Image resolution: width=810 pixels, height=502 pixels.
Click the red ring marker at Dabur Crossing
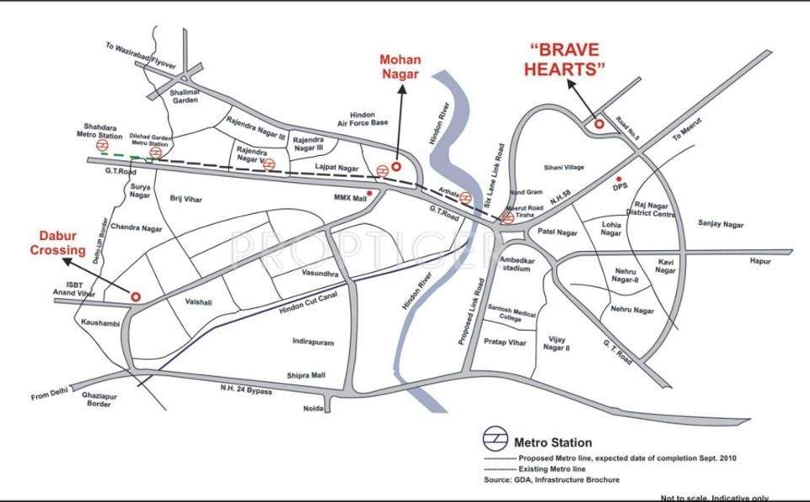click(x=135, y=296)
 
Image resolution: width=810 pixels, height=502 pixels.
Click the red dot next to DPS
click(x=620, y=179)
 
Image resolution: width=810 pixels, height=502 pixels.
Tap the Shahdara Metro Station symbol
click(x=102, y=144)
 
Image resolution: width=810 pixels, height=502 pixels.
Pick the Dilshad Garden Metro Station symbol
click(x=155, y=152)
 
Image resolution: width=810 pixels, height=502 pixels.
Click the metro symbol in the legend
click(x=495, y=441)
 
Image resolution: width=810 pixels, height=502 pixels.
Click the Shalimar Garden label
click(x=185, y=96)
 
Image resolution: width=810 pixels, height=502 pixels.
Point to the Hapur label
click(x=762, y=262)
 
